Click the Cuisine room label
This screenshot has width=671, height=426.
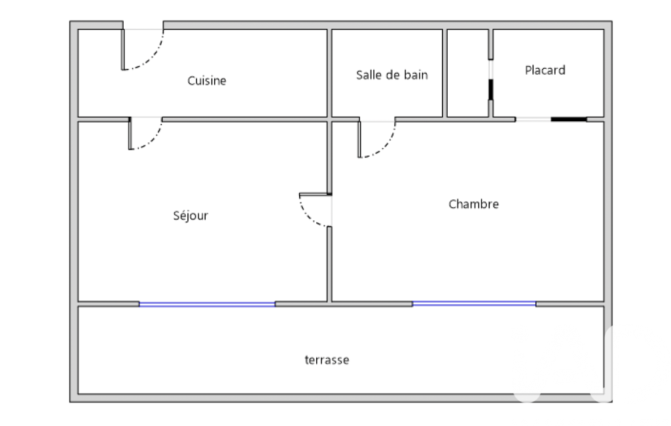click(x=207, y=81)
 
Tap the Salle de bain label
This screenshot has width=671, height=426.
click(x=391, y=75)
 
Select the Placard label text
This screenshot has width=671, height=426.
click(x=545, y=70)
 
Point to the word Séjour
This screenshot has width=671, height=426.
click(x=190, y=215)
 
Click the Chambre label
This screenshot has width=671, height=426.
click(x=473, y=204)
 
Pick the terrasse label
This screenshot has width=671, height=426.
click(x=327, y=360)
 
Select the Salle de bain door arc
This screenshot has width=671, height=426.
click(x=385, y=145)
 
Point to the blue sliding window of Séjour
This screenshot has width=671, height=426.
click(x=207, y=304)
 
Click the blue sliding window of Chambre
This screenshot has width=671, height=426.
click(x=474, y=303)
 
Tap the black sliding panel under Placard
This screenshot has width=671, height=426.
click(x=568, y=119)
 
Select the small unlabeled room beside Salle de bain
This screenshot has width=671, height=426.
click(x=467, y=73)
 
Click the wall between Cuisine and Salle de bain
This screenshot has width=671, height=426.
click(x=329, y=73)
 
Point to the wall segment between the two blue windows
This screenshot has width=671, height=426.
click(x=344, y=303)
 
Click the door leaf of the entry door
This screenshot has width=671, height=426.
click(x=122, y=49)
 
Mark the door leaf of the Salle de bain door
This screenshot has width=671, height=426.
click(x=359, y=139)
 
